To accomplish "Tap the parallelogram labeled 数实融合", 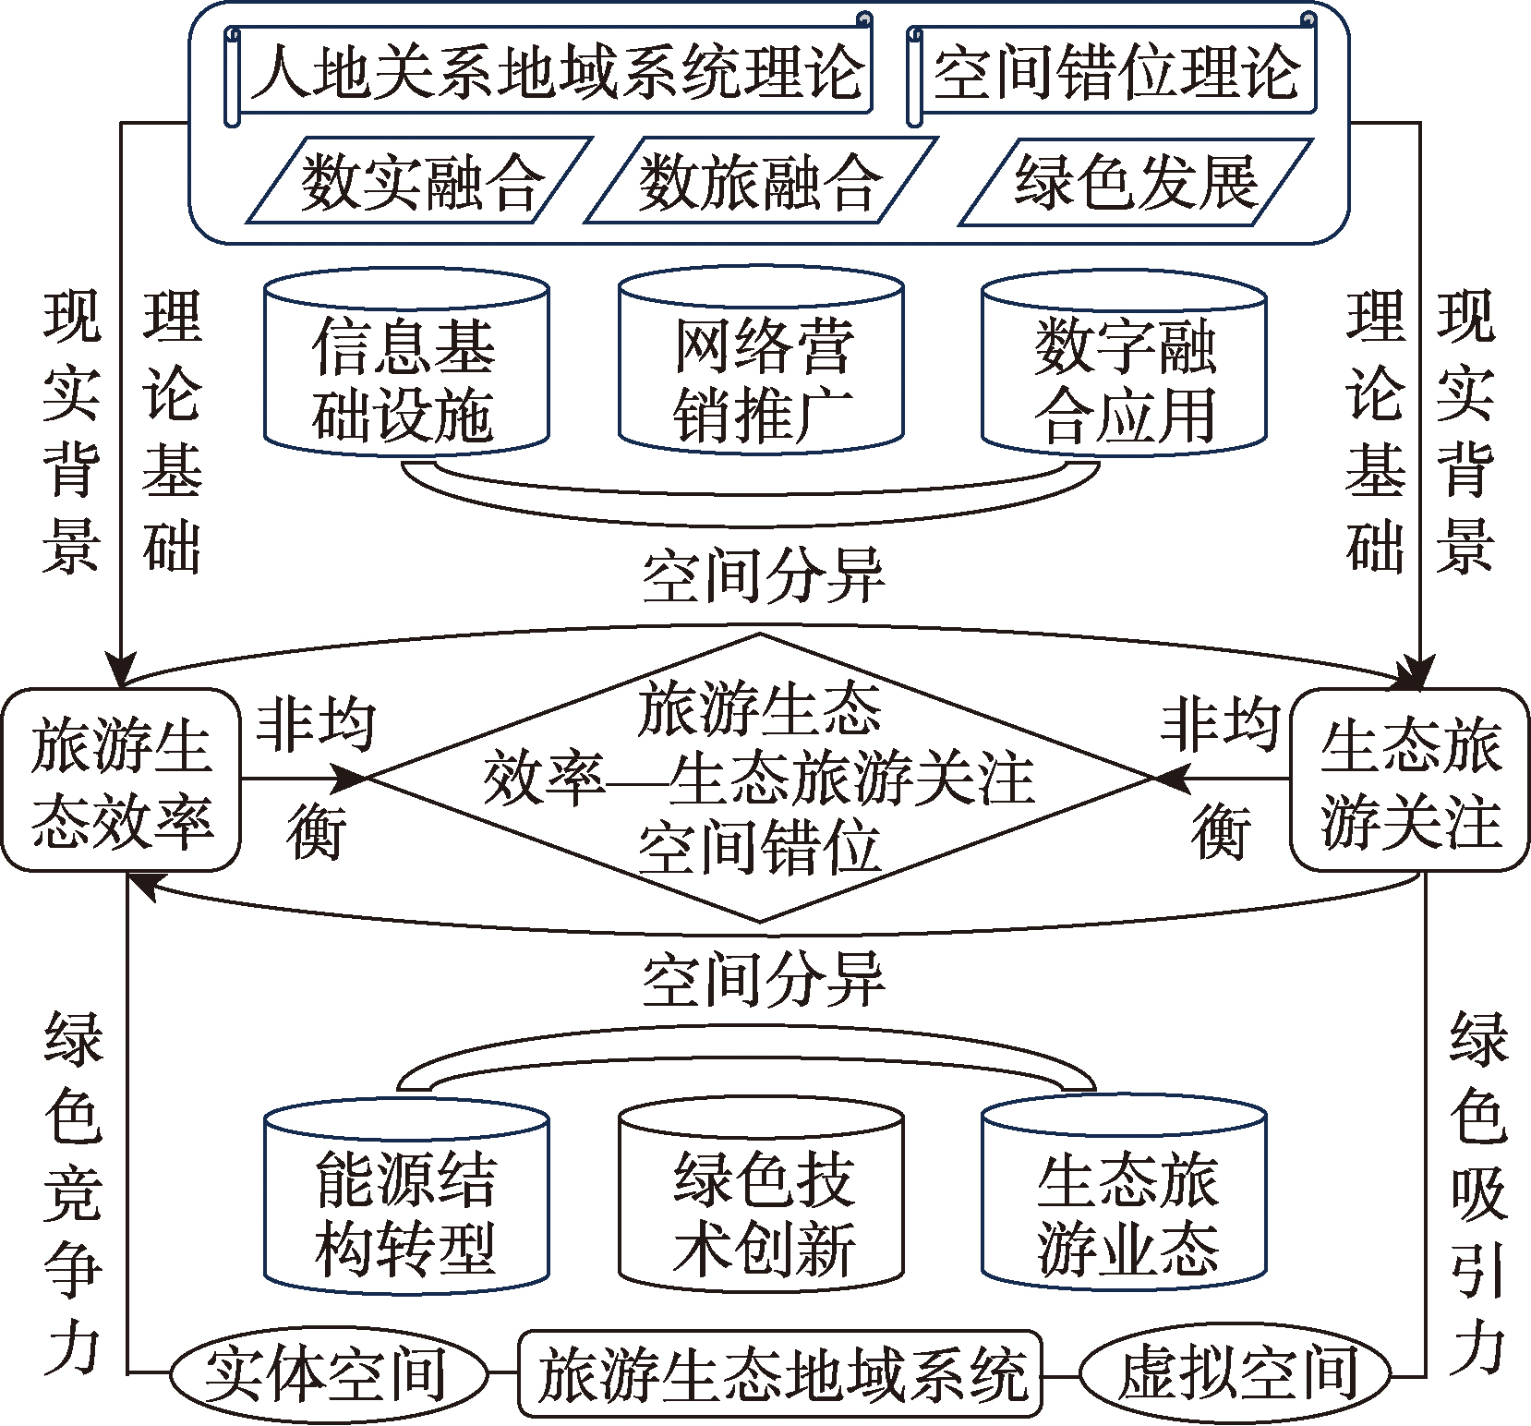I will [418, 181].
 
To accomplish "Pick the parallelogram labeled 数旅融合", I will [759, 181].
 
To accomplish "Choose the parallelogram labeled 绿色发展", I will [1136, 181].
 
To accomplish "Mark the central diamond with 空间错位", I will [759, 778].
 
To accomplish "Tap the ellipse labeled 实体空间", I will [327, 1373].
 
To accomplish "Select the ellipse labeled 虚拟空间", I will [1236, 1373].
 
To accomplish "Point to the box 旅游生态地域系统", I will [780, 1373].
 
